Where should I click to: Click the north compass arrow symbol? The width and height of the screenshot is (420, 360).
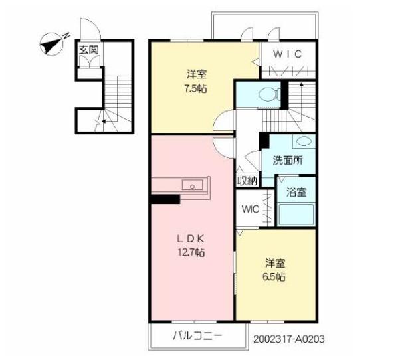[51, 44]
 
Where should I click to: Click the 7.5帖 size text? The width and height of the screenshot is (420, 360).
[196, 87]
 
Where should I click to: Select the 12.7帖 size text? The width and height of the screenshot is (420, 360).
[191, 252]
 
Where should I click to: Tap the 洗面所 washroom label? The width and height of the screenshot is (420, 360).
[288, 159]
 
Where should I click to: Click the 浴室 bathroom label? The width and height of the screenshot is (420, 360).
[296, 193]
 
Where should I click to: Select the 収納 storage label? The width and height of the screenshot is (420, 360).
[247, 181]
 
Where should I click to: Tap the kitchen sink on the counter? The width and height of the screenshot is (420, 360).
[193, 185]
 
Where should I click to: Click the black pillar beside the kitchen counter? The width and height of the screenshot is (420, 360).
[165, 198]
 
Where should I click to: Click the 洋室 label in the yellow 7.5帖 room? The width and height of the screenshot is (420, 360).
[196, 74]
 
